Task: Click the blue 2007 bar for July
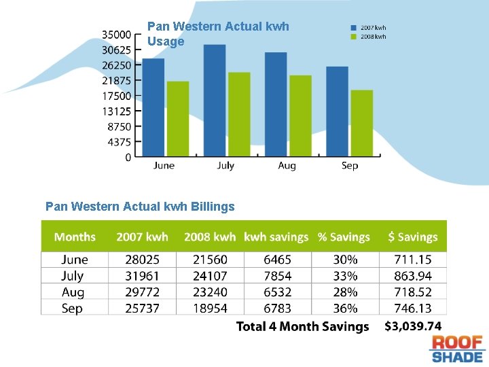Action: click(215, 101)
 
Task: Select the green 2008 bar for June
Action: click(178, 119)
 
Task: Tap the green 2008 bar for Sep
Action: click(361, 123)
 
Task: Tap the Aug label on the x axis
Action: click(287, 166)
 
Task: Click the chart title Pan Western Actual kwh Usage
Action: click(218, 34)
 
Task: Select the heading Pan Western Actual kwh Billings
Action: click(140, 206)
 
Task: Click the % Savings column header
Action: click(344, 237)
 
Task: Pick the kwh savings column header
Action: click(276, 237)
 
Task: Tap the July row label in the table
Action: click(72, 276)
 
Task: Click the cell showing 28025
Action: click(142, 260)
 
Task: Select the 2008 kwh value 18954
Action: click(210, 309)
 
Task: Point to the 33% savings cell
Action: click(345, 276)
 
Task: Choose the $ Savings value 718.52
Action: click(413, 292)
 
